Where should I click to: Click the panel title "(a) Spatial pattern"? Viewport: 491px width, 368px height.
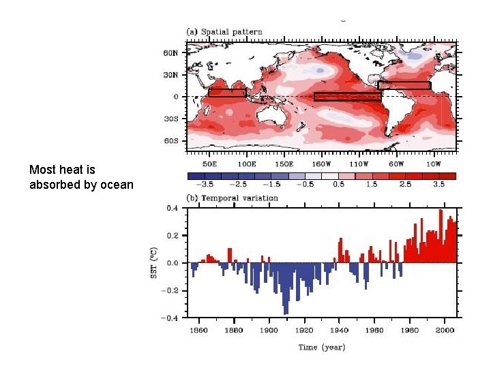tap(224, 32)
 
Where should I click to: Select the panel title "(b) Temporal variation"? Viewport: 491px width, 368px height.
tap(233, 198)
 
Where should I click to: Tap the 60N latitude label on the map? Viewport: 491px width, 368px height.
tap(171, 52)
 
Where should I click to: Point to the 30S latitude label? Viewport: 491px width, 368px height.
tap(171, 119)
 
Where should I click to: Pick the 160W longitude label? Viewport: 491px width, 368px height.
tap(321, 164)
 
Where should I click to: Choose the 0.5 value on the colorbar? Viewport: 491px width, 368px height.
tap(339, 184)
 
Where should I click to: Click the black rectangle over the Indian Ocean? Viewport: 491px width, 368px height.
tap(227, 92)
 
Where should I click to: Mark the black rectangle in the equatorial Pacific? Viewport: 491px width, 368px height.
tap(347, 96)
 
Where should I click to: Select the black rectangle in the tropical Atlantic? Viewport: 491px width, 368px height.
tap(404, 85)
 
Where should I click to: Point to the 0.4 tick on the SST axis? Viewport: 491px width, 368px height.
tap(173, 208)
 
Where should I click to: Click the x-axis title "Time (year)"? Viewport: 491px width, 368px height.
tap(321, 348)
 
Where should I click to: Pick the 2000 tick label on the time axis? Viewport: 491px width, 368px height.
tap(444, 331)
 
